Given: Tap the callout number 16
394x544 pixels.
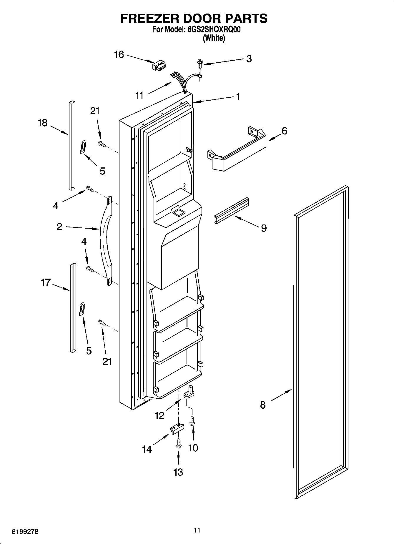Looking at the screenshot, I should tap(119, 55).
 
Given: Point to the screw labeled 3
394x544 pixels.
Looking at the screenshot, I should tap(200, 63).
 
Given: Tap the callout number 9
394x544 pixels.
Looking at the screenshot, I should tap(264, 228).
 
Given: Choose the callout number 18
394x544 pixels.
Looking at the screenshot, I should tap(42, 123).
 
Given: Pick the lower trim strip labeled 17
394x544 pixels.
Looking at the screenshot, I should tap(72, 307).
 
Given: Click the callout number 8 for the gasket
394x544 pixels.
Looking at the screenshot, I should tap(263, 405).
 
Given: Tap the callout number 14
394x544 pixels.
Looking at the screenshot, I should tap(147, 449).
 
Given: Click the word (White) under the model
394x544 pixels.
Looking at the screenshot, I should tap(214, 38).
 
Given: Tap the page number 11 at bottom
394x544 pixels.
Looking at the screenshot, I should tap(197, 530).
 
